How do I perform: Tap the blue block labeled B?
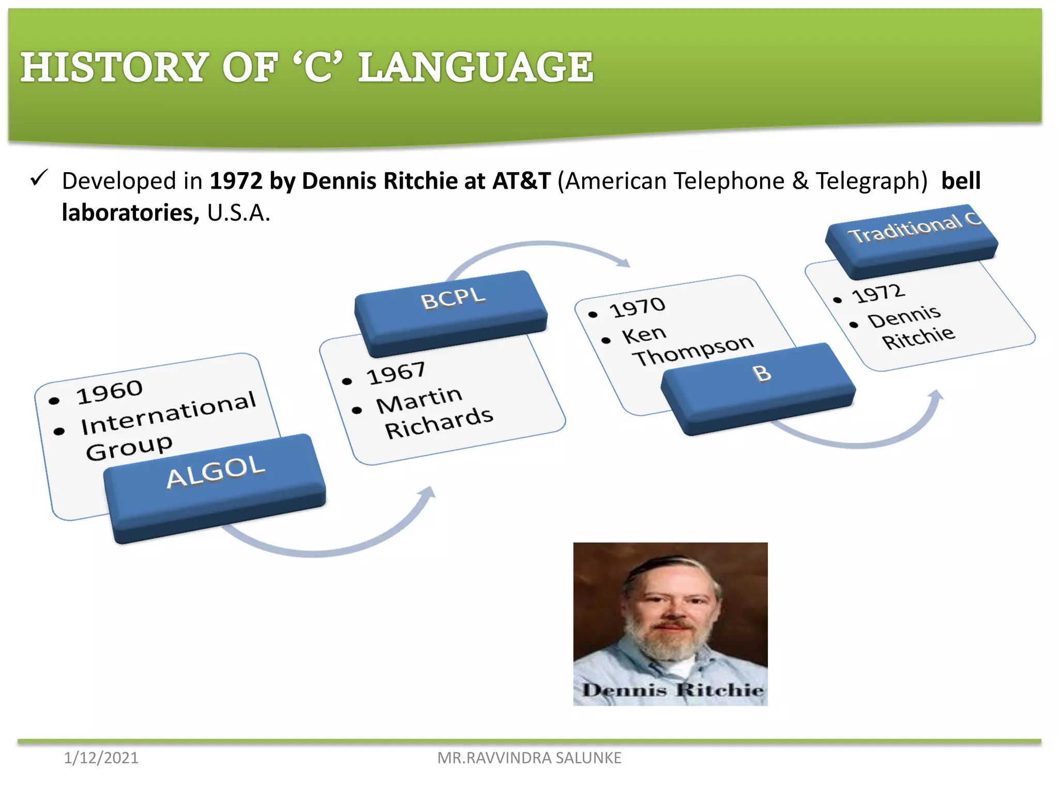(x=758, y=385)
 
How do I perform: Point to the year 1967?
(x=396, y=373)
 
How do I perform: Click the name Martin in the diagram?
(x=419, y=400)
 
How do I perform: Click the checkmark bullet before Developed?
(x=39, y=178)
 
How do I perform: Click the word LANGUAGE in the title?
(x=476, y=67)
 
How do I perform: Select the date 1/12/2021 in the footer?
(x=101, y=758)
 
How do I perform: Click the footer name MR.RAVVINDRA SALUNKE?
(x=529, y=758)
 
